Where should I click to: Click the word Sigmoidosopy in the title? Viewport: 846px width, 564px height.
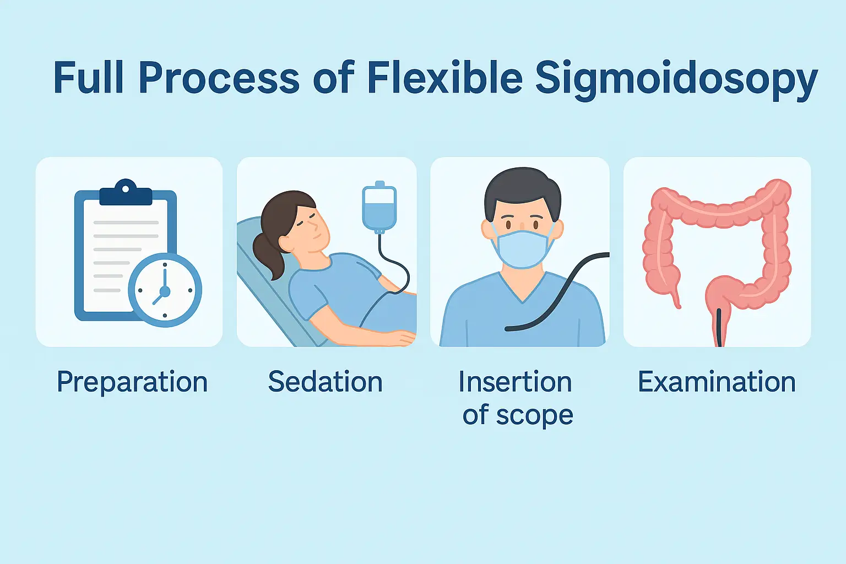click(x=676, y=80)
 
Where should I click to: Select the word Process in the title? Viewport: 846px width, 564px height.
click(x=219, y=79)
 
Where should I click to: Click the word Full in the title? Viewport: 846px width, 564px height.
click(x=88, y=77)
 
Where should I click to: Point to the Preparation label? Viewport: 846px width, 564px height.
click(x=132, y=382)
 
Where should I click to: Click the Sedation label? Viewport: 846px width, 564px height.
click(x=326, y=382)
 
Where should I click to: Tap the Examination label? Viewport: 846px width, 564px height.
click(x=717, y=382)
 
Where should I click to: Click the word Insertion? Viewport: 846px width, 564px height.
click(x=515, y=382)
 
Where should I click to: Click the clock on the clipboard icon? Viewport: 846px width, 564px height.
click(x=165, y=290)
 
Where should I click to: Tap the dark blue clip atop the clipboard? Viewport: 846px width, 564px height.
click(x=126, y=193)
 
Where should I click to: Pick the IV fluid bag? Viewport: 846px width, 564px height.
click(x=379, y=207)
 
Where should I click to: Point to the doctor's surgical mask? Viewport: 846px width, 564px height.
click(x=522, y=248)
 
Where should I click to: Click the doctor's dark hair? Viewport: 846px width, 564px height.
click(x=523, y=191)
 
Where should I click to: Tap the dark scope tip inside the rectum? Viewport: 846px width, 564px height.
click(x=719, y=327)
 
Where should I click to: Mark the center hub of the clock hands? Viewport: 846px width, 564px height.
click(x=165, y=291)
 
